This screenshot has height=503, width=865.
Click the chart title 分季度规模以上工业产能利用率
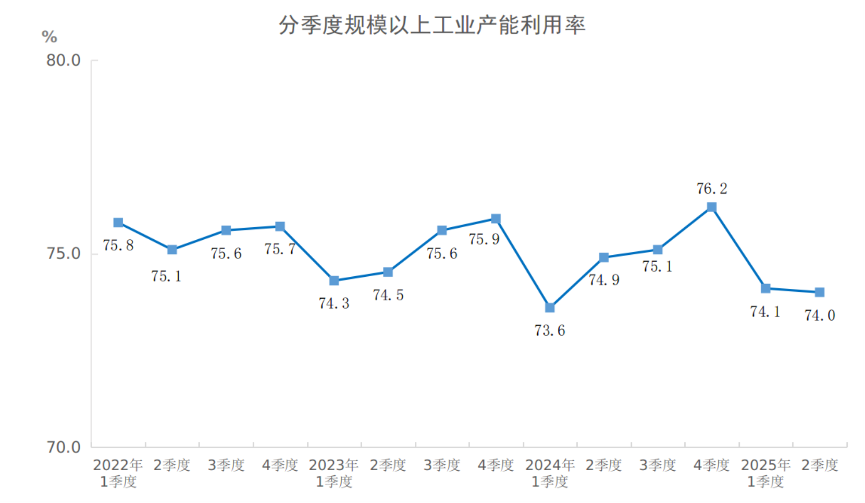click(432, 25)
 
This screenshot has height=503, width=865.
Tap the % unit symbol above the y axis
click(50, 37)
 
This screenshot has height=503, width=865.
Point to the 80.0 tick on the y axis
click(64, 60)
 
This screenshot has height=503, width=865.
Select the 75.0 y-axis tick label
click(64, 254)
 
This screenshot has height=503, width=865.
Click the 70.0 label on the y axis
click(64, 447)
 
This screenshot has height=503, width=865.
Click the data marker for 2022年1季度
click(118, 223)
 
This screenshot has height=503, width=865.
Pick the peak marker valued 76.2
click(711, 207)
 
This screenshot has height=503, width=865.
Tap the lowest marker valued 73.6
click(550, 308)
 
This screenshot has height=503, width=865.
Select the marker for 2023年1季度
click(334, 281)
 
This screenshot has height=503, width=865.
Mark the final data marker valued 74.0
click(820, 292)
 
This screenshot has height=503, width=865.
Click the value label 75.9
click(484, 239)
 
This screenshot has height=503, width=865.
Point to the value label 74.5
click(388, 295)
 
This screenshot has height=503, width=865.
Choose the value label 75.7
click(280, 249)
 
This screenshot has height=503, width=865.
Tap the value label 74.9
click(604, 280)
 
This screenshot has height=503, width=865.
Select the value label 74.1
click(765, 312)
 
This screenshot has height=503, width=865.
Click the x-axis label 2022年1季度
click(118, 473)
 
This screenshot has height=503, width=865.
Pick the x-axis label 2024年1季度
click(550, 473)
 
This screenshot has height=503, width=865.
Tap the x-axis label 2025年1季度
click(765, 473)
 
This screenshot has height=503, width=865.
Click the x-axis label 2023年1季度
click(334, 473)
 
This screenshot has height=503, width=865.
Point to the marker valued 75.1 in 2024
click(658, 250)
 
